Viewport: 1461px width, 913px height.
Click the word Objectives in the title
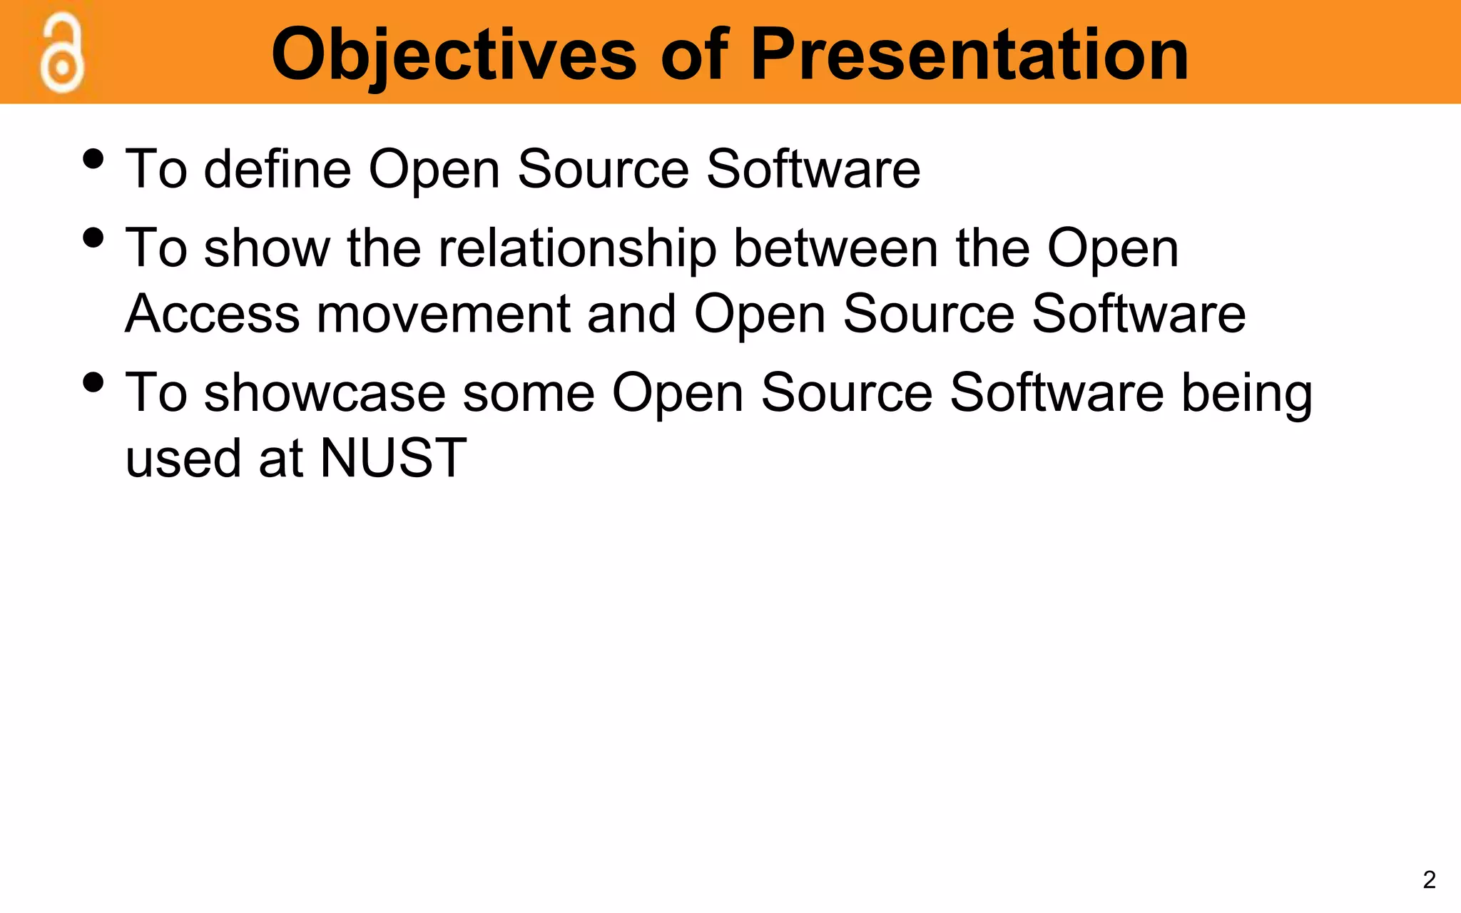tap(454, 56)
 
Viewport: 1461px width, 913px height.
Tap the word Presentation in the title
tap(969, 54)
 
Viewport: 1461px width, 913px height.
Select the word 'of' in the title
tap(694, 54)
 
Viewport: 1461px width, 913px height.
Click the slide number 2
tap(1429, 879)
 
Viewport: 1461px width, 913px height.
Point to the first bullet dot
tap(93, 158)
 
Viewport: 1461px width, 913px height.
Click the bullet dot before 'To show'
tap(93, 237)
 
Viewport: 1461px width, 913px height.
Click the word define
tap(278, 169)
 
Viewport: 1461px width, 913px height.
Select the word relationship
tap(577, 249)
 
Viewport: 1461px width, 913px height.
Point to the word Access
tap(213, 314)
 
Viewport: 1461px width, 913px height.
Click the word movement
tap(443, 315)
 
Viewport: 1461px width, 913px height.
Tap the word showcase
tap(325, 393)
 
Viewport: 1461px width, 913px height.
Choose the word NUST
tap(393, 458)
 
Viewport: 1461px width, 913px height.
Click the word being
tap(1246, 394)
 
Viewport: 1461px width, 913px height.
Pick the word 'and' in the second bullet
tap(631, 314)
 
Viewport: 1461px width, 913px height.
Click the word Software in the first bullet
tap(813, 169)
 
